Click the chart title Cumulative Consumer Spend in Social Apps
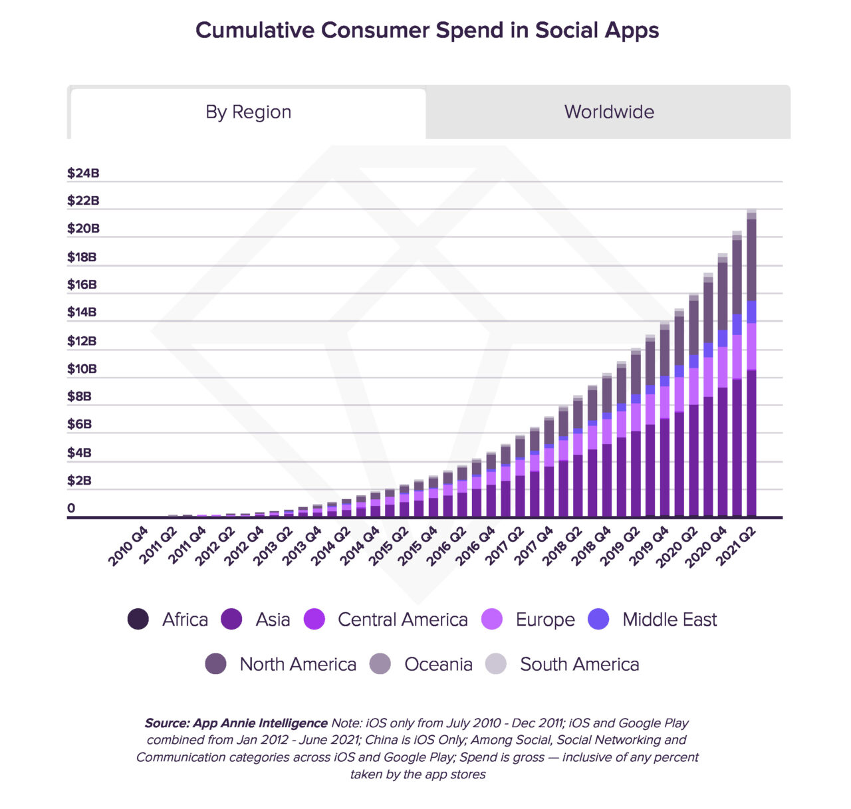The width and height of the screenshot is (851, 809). coord(427,31)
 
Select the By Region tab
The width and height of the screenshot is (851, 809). coord(248,112)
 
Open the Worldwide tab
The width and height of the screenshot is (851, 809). coord(608,112)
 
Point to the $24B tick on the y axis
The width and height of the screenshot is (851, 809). coord(83,173)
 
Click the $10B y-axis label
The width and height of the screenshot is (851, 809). coord(82,369)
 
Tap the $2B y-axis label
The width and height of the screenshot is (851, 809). coord(79,481)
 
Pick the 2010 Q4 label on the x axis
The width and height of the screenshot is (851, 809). coord(129,546)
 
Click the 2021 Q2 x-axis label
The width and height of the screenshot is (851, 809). coord(737,546)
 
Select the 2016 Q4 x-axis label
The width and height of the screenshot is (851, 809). coord(476,546)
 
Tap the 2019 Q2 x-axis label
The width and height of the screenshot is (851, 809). coord(621,546)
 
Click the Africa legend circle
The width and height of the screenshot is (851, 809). coord(138,620)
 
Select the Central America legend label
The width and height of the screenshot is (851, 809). coord(402,620)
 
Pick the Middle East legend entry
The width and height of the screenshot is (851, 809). coord(669,620)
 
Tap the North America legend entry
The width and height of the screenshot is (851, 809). coord(297,664)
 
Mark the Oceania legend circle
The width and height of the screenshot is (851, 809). coord(380,664)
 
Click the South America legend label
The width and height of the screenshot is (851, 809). coord(579,664)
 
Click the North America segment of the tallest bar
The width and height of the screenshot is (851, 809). coord(751,259)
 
